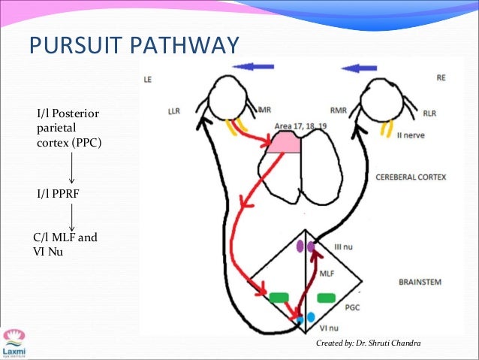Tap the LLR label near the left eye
179,111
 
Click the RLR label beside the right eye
430,113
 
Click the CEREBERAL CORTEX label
410,177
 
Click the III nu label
332,247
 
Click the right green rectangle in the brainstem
326,298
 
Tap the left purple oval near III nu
299,245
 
